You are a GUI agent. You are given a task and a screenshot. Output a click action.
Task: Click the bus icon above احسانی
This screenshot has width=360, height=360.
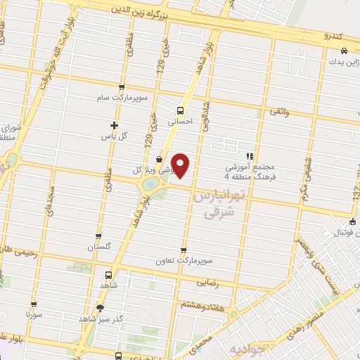tap(180, 110)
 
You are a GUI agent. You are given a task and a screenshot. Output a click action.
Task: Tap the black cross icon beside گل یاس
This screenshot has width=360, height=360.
tap(115, 125)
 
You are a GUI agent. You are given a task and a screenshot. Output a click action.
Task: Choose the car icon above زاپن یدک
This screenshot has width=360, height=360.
tap(343, 51)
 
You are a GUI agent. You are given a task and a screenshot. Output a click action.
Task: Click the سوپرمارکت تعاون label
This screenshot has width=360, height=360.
tap(184, 260)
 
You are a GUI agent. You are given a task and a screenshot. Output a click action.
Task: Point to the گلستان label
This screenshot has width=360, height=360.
tap(99, 247)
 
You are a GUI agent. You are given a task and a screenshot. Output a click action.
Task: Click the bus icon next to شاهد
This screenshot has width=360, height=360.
tap(108, 275)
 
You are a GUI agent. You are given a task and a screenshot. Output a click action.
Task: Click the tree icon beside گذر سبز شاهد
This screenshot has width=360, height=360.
tap(100, 307)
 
